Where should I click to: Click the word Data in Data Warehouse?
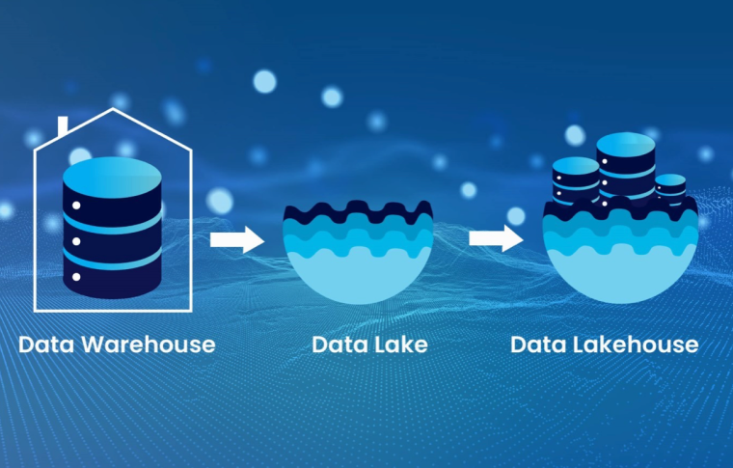click(x=43, y=344)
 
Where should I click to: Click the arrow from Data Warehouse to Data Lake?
click(x=236, y=239)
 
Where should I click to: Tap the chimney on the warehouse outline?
click(x=63, y=125)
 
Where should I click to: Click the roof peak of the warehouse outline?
click(x=114, y=110)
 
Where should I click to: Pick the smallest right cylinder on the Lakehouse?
click(x=670, y=185)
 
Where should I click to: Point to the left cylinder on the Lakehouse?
click(x=576, y=179)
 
